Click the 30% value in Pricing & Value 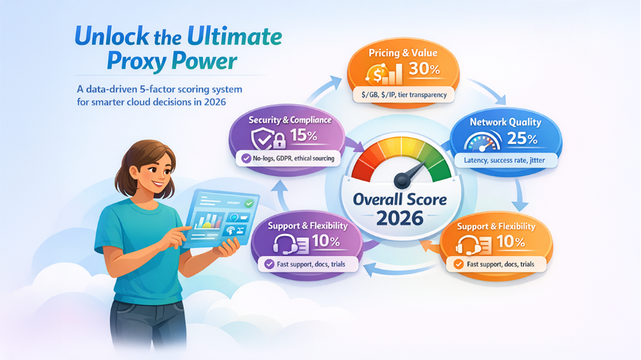(x=425, y=68)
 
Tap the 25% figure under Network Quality (x=522, y=138)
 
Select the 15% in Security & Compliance (x=304, y=136)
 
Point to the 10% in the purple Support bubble (x=326, y=241)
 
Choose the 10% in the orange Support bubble (x=511, y=242)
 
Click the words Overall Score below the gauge (x=400, y=199)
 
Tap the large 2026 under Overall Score (x=400, y=218)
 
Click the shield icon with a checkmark (x=262, y=139)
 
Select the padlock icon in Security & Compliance (x=279, y=140)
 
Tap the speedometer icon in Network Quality (x=483, y=142)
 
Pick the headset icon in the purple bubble (x=284, y=244)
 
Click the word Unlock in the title (x=112, y=36)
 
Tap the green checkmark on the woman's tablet (x=248, y=203)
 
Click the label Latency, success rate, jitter (x=504, y=160)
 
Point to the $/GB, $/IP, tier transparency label (x=404, y=95)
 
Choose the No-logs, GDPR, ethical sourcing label (x=294, y=158)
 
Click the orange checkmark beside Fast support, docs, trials (x=459, y=264)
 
